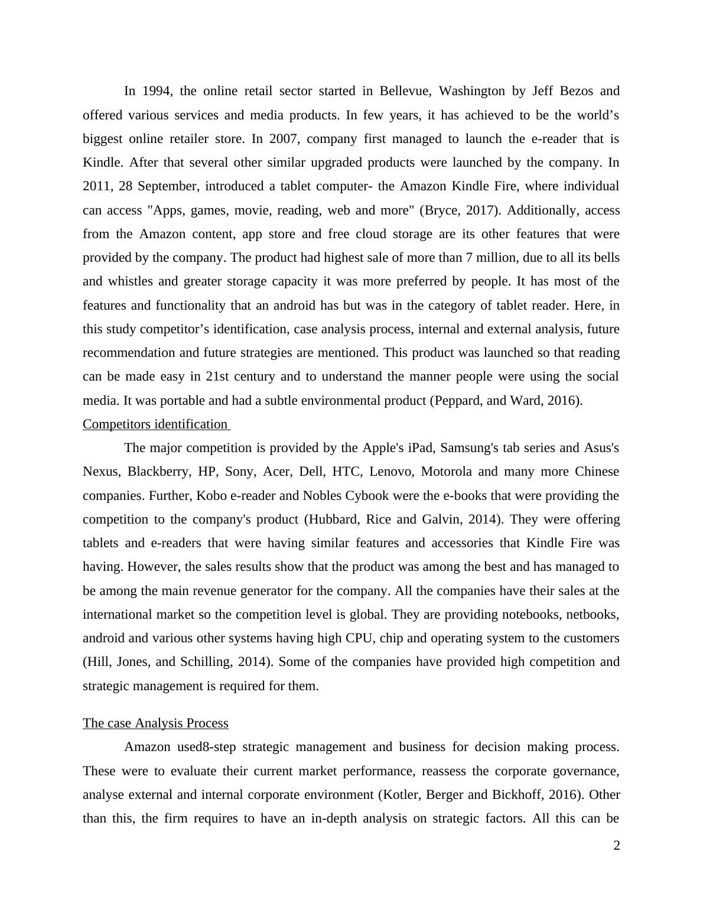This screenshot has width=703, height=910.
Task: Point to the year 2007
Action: pos(284,139)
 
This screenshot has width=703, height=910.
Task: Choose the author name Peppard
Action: pos(457,401)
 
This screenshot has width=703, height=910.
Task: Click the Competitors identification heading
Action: pos(155,424)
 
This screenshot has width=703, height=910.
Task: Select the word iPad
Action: pos(421,448)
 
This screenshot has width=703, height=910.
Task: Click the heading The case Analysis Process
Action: pos(155,723)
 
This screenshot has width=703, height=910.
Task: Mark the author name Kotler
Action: pos(399,795)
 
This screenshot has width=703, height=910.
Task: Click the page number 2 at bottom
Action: pos(617,846)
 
